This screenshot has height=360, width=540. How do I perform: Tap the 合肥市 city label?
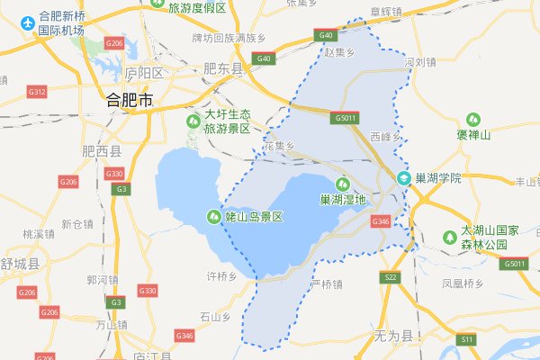coord(130,99)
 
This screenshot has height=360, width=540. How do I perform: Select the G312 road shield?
coord(36,92)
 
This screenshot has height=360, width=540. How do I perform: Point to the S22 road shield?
coord(391,278)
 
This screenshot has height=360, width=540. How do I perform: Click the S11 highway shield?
coord(466,339)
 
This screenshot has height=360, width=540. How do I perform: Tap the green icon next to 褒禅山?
coord(473,120)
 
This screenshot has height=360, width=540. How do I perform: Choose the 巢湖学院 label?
coord(438,178)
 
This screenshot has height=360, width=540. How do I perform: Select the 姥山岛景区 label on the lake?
coord(254,217)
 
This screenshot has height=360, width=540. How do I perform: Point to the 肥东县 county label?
coord(223,68)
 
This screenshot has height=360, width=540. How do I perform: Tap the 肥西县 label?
coord(101,152)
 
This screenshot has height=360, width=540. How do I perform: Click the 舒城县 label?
coord(20,264)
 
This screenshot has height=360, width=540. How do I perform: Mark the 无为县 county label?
coord(391,337)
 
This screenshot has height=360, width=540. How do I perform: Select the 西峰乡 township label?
coord(384,136)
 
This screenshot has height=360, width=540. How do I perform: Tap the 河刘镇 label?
coord(420,63)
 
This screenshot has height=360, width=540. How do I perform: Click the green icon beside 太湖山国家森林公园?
coord(447,238)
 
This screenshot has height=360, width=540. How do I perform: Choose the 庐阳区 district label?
coord(144,72)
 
